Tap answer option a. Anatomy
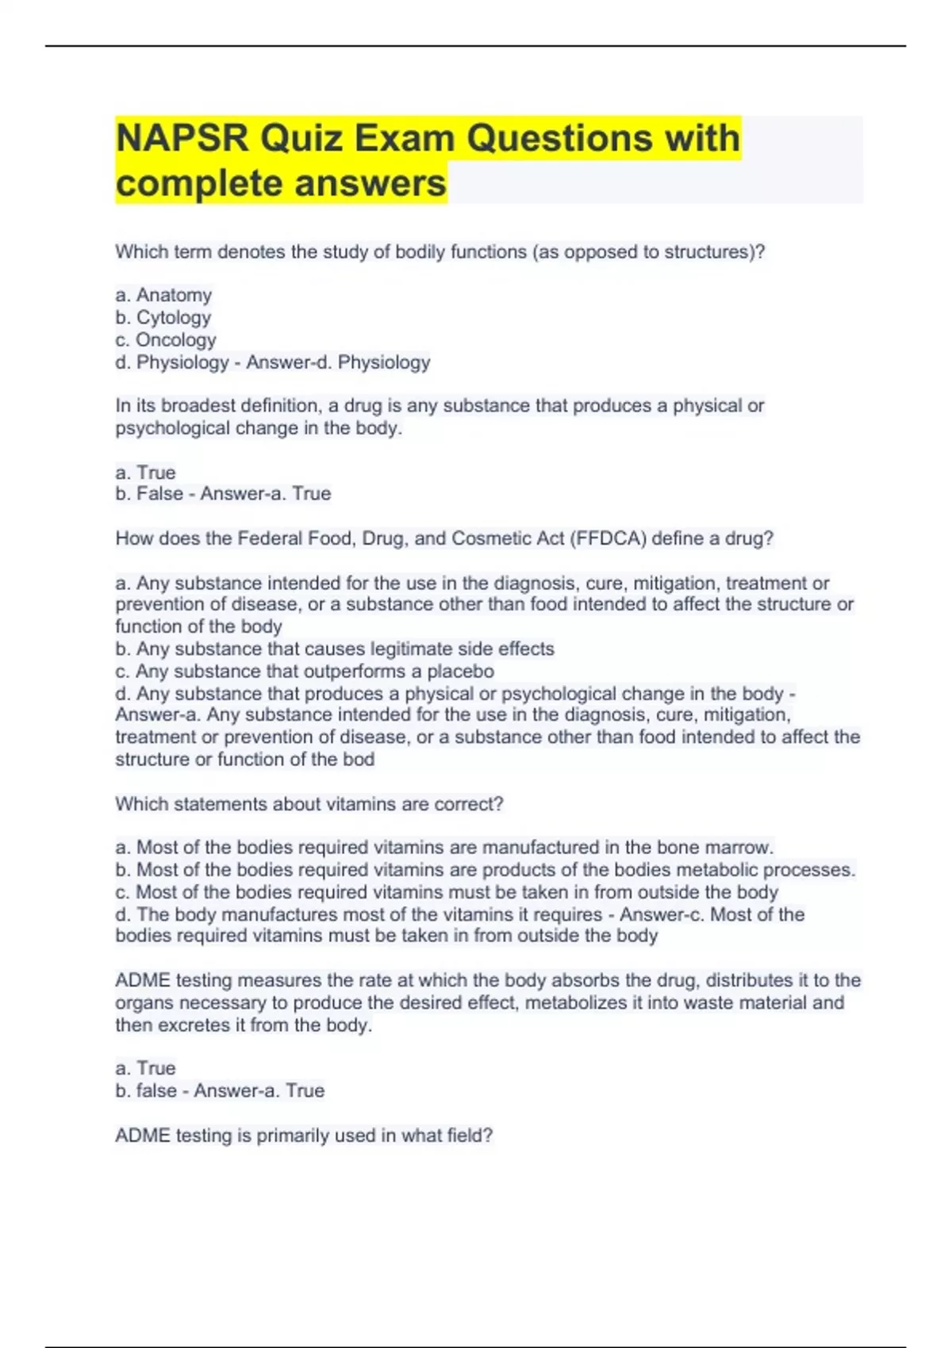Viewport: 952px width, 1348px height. pyautogui.click(x=163, y=295)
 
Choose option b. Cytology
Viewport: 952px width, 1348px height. pyautogui.click(x=163, y=317)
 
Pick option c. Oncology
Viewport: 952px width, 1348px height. pyautogui.click(x=166, y=339)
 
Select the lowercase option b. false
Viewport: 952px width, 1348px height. pyautogui.click(x=146, y=1090)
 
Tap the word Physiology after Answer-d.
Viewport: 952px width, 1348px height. pyautogui.click(x=384, y=362)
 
